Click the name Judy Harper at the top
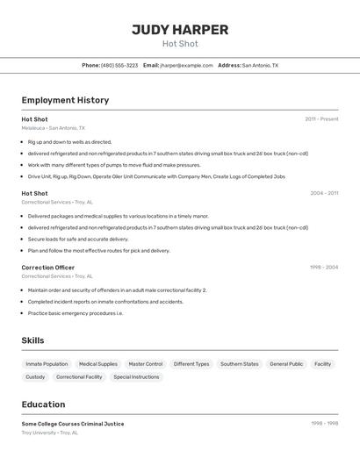180,30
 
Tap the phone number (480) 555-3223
119,66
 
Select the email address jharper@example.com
186,66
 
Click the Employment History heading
65,101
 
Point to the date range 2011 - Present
321,119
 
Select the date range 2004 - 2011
324,193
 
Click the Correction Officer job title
47,268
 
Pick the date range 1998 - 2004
324,268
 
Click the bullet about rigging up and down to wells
69,142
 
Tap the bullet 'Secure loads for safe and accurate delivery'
77,239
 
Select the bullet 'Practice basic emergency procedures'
75,313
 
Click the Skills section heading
32,340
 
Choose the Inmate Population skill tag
47,364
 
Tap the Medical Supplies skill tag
97,364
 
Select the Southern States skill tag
239,364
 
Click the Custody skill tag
35,377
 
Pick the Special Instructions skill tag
136,377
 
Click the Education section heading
43,404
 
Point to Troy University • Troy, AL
50,433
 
